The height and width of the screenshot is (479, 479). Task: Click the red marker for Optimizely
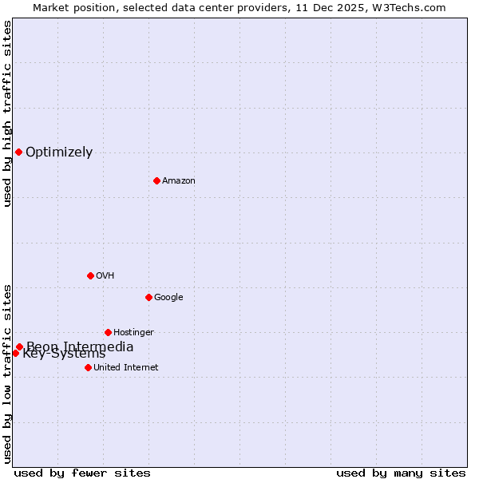click(18, 152)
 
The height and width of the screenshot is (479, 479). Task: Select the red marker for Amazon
click(156, 180)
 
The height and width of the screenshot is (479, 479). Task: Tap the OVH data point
click(90, 275)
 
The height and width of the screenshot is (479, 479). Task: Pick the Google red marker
click(148, 297)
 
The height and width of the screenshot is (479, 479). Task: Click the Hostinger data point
click(108, 332)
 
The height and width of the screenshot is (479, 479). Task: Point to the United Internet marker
click(88, 367)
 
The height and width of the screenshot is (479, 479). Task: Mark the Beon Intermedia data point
click(19, 346)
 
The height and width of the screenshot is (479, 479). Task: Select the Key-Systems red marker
click(15, 353)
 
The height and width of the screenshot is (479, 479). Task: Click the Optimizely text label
click(59, 152)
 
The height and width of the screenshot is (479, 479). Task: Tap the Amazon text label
click(179, 181)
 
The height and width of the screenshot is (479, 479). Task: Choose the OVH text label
click(105, 276)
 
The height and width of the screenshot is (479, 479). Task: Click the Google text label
click(168, 298)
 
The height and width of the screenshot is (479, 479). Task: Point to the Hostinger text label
click(133, 333)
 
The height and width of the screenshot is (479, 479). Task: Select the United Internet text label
click(126, 368)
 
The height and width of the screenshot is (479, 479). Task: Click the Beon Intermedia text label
click(80, 346)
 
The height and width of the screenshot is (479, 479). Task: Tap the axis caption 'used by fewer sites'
click(82, 473)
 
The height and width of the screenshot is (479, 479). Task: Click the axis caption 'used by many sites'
click(401, 473)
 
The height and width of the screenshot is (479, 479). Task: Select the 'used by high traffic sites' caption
click(7, 113)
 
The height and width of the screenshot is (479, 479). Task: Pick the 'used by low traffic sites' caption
click(7, 373)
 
